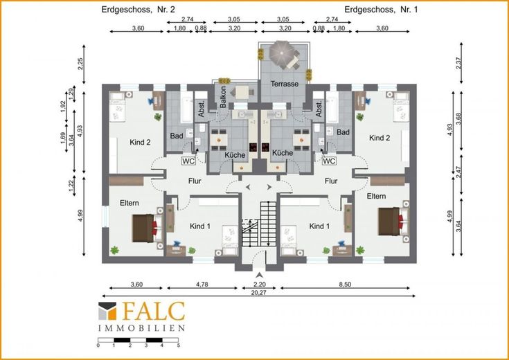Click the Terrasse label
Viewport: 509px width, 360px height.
tap(285, 84)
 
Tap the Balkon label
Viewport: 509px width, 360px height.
tap(223, 97)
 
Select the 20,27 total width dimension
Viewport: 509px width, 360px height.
tap(258, 292)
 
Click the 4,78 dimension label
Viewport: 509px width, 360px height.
tap(202, 285)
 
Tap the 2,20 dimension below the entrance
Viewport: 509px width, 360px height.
tap(260, 285)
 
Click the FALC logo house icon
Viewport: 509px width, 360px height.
tap(107, 312)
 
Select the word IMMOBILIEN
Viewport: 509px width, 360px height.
tap(141, 328)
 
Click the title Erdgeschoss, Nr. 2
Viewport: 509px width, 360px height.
tap(139, 10)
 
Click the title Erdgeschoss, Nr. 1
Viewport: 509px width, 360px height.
tap(381, 10)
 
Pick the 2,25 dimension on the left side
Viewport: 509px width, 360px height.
tap(81, 64)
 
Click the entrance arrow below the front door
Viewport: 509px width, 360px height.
tap(259, 275)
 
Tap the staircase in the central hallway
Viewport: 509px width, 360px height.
tap(259, 224)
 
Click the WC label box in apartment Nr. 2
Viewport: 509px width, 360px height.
tap(188, 161)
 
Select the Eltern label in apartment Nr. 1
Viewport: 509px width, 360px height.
tap(377, 196)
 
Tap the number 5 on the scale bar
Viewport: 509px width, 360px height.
tap(178, 345)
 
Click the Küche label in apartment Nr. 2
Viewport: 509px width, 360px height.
tap(235, 155)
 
